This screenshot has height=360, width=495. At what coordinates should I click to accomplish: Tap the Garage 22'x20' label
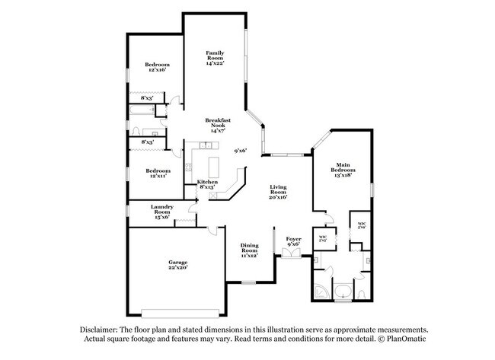(177, 264)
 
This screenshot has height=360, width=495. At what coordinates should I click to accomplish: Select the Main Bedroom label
(343, 170)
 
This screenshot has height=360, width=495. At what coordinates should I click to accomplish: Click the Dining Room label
(250, 250)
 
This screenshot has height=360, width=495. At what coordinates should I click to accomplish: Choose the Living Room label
(277, 192)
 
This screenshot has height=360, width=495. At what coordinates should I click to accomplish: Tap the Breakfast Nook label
(218, 125)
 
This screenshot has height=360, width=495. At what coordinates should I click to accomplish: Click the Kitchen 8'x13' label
(208, 184)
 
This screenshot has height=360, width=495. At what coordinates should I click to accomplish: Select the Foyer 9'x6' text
(293, 242)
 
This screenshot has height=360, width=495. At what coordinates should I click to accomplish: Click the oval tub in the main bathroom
(343, 291)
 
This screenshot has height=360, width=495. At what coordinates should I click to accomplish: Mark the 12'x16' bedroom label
(157, 68)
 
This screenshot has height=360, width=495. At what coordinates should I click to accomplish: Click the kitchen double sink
(206, 145)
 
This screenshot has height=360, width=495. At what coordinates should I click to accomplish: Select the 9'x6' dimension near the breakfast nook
(241, 151)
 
